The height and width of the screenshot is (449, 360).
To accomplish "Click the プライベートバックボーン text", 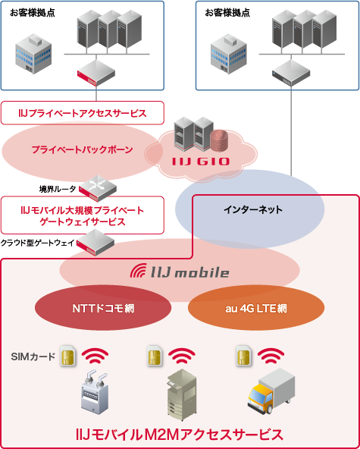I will pyautogui.click(x=82, y=149).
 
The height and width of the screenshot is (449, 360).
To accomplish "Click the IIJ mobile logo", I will pyautogui.click(x=180, y=272).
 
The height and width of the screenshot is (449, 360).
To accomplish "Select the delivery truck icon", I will pyautogui.click(x=270, y=391).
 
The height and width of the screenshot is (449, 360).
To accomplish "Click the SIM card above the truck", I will pyautogui.click(x=244, y=356).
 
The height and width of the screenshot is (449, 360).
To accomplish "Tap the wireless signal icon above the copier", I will pyautogui.click(x=183, y=355).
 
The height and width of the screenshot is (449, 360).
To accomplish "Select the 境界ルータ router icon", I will pyautogui.click(x=97, y=184).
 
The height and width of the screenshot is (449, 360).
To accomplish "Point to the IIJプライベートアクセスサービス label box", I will pyautogui.click(x=83, y=113).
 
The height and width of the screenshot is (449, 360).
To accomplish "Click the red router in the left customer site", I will pyautogui.click(x=95, y=74).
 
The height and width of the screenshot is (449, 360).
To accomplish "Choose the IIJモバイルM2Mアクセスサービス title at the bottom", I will pyautogui.click(x=180, y=435).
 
